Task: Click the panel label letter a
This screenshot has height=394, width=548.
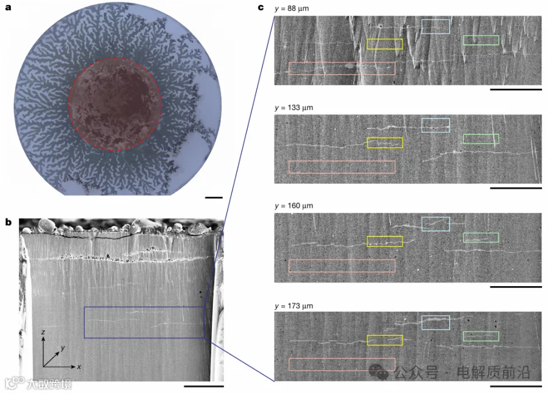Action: coord(8,7)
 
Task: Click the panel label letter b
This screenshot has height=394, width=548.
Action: coord(9,222)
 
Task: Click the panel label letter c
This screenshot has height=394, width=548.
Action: coord(261,7)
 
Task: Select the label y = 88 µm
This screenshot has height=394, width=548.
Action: coord(292,9)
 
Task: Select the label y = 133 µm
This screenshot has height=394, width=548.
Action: coord(294,108)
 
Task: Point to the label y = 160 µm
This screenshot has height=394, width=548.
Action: coord(294,206)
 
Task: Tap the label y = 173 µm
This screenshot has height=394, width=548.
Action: coord(294,306)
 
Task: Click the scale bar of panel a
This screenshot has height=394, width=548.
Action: coord(214,198)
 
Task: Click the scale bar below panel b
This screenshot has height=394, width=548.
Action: coord(204,386)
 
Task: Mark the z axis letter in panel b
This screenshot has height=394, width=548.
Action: coord(43,332)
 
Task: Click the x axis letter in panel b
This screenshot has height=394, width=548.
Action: coord(79,367)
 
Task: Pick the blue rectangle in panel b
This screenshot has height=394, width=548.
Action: coord(84,322)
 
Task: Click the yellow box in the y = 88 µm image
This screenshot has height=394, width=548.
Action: coord(385,39)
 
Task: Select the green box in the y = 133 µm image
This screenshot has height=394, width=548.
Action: coord(481,134)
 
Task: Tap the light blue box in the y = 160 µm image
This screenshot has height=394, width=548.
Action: coord(435,217)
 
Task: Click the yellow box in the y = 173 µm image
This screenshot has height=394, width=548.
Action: coord(385,336)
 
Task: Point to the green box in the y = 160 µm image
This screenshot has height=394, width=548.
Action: coord(481,233)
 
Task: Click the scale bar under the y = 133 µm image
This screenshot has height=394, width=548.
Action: coord(516,188)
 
